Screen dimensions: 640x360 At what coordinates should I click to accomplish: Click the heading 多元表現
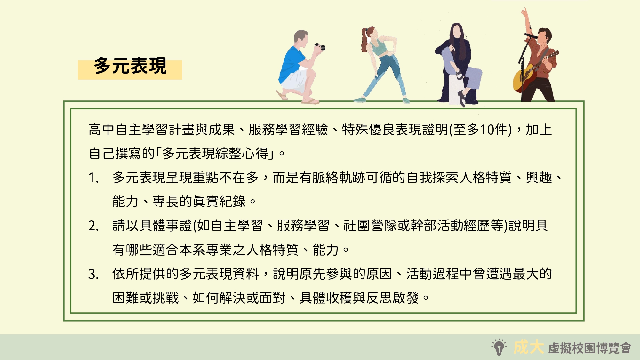click(130, 66)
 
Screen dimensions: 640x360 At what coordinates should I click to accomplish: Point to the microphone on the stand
click(531, 36)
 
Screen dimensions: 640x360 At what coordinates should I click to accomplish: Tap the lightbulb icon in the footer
click(499, 347)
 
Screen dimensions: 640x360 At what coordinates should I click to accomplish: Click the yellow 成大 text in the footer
click(528, 347)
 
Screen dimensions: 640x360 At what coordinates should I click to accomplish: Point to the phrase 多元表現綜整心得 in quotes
click(216, 154)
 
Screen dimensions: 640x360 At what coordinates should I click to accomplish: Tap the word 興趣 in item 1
click(539, 178)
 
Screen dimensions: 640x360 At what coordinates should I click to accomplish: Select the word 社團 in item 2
click(357, 226)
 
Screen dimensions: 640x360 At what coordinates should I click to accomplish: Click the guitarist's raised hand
click(524, 12)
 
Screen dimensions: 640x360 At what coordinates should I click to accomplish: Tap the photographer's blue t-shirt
click(291, 64)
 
